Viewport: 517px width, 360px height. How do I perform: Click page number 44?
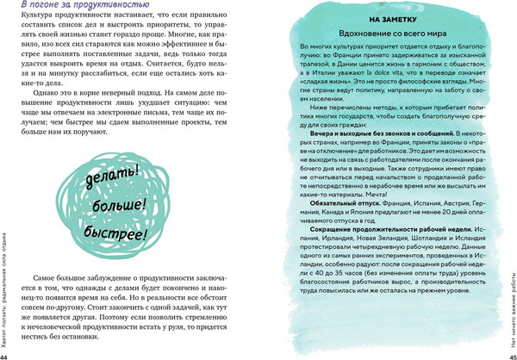click(x=5, y=355)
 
